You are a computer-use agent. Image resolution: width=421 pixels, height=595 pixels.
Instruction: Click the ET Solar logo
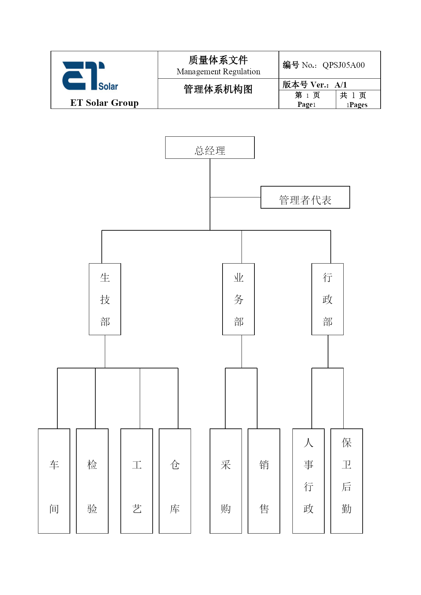tap(90, 76)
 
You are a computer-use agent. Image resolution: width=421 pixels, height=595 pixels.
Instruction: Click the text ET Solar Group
tap(104, 103)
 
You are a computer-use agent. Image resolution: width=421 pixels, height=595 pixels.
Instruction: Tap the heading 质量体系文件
tap(218, 60)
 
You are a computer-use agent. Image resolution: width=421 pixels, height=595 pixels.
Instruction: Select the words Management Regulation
tap(218, 72)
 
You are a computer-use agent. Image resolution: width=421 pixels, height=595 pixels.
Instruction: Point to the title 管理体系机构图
tap(218, 89)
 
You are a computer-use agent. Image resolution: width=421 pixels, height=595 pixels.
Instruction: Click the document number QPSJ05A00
tap(344, 65)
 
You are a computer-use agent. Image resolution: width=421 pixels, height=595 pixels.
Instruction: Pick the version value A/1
tap(341, 85)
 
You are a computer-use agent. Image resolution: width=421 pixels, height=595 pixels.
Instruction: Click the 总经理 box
tap(210, 148)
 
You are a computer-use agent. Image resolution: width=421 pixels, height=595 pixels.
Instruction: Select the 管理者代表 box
tap(305, 197)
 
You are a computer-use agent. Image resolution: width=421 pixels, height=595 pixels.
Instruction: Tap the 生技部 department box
tap(105, 299)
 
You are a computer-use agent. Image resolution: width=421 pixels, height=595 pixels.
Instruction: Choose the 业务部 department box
tap(238, 299)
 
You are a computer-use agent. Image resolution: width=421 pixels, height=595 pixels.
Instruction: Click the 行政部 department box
tap(327, 299)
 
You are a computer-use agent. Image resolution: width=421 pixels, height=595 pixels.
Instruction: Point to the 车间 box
tap(54, 481)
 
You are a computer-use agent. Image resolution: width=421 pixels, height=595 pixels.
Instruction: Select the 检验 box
tap(92, 481)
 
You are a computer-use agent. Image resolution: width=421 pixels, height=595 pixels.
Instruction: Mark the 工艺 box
tap(137, 481)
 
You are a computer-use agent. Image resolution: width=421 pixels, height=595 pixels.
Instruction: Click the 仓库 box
tap(175, 481)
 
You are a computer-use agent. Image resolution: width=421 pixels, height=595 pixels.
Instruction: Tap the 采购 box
tap(226, 481)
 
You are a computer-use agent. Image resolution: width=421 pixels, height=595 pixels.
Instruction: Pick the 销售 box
tap(264, 481)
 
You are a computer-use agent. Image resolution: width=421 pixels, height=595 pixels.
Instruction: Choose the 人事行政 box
tap(308, 481)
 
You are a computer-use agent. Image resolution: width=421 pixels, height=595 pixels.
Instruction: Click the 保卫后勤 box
tap(347, 481)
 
